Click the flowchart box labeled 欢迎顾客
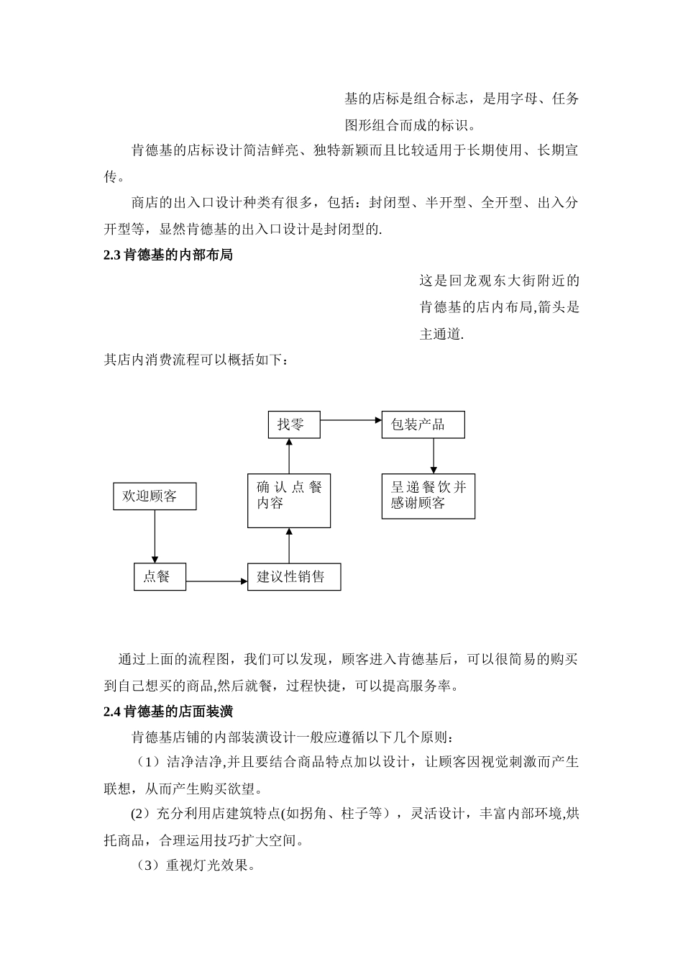tap(155, 496)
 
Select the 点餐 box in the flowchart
tap(160, 577)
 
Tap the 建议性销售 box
tap(294, 577)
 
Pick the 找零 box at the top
tap(293, 425)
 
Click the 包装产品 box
tap(423, 425)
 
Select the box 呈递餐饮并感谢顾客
tap(428, 496)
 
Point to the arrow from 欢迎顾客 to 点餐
tap(155, 536)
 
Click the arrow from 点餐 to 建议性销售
tap(216, 581)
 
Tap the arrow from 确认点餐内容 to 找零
tap(289, 456)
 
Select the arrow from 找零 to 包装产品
tap(351, 419)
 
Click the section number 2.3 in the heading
tap(112, 255)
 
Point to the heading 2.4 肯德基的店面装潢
tap(168, 712)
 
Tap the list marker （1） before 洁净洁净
tap(150, 762)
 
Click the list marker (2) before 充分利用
tap(139, 814)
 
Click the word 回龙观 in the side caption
tap(472, 281)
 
